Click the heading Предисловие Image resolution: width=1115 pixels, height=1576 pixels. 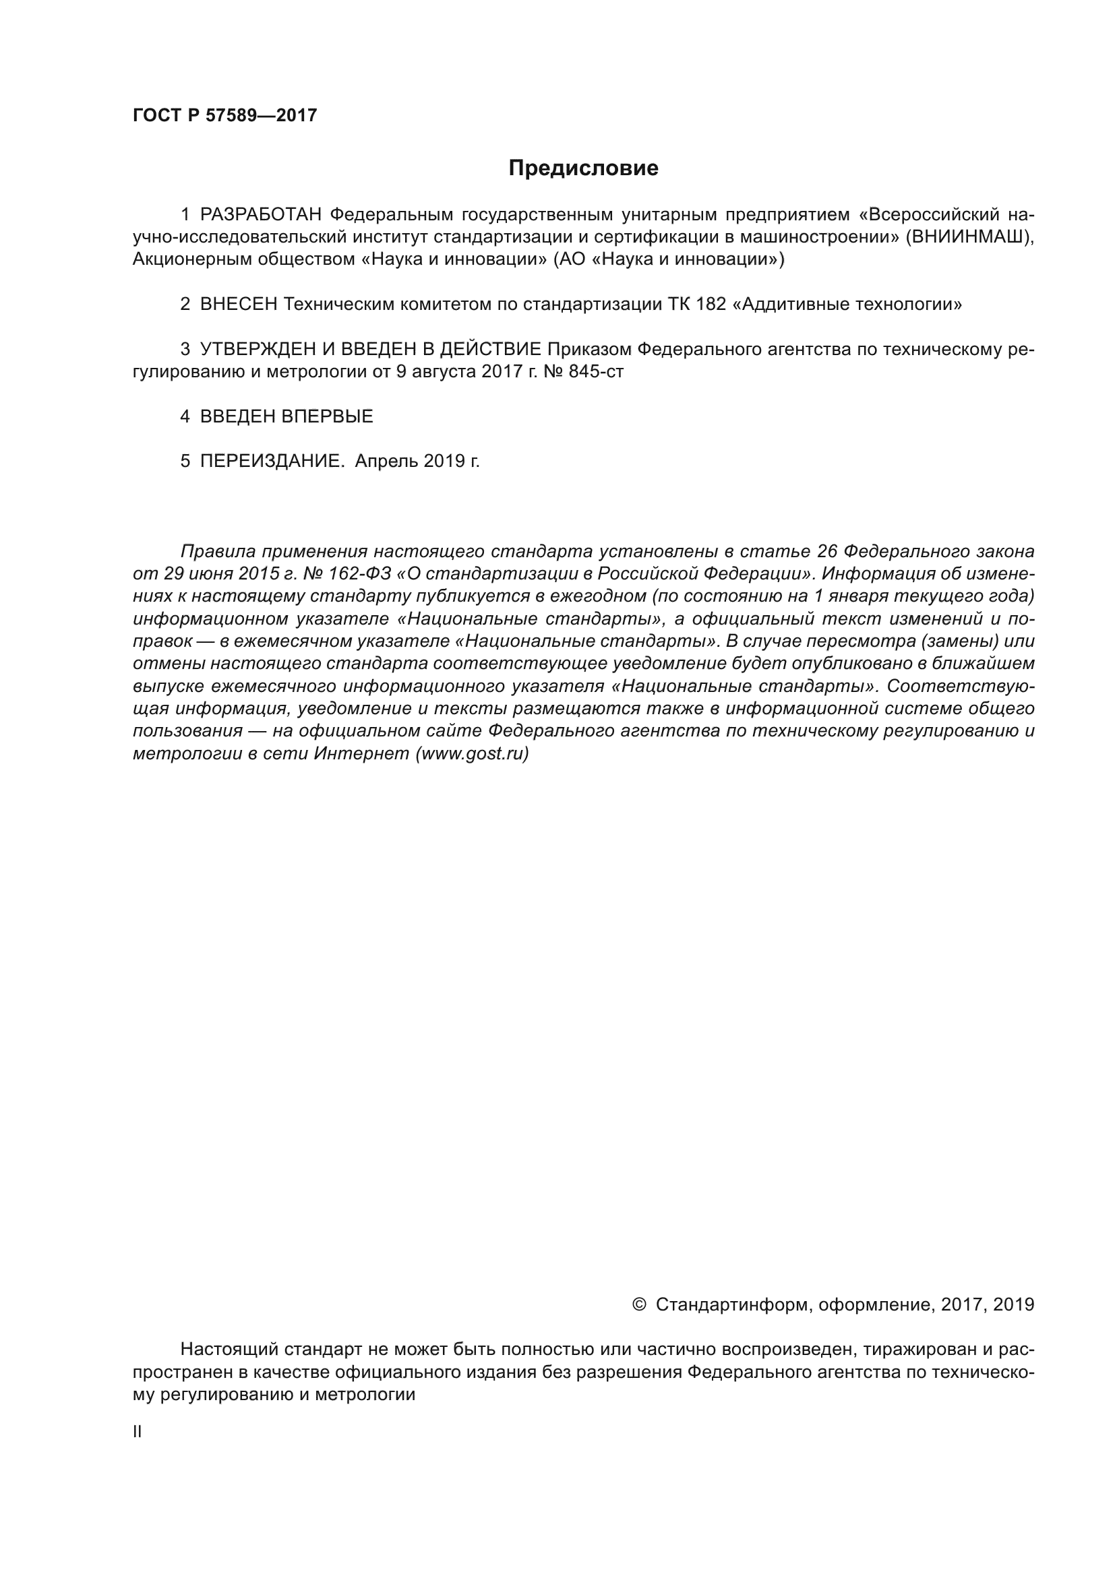pyautogui.click(x=583, y=168)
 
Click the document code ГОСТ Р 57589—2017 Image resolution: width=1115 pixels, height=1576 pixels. pyautogui.click(x=224, y=115)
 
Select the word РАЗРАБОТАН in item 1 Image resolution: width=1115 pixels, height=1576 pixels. pyautogui.click(x=261, y=215)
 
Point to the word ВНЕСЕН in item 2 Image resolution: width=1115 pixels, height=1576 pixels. pyautogui.click(x=238, y=304)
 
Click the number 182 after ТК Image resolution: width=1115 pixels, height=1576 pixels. pyautogui.click(x=711, y=304)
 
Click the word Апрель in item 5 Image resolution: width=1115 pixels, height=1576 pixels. pyautogui.click(x=386, y=462)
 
